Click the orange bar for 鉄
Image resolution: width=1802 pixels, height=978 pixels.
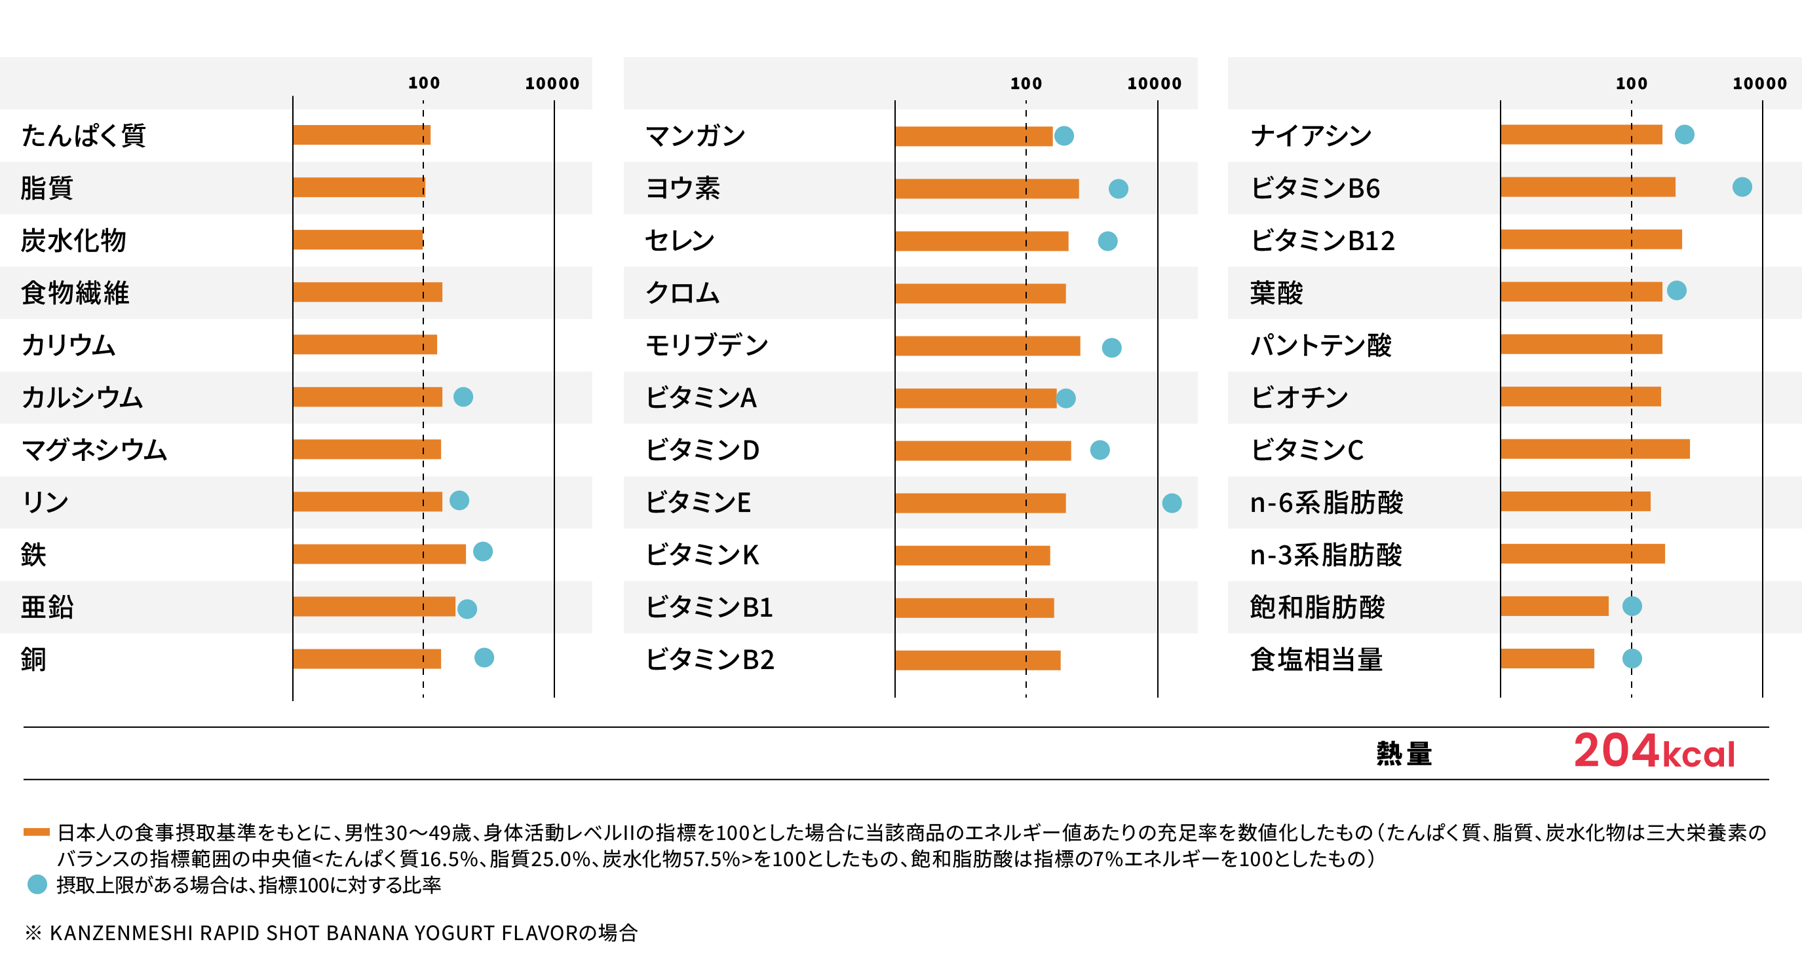click(x=379, y=554)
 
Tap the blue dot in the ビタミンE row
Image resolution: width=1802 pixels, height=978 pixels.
click(x=1172, y=503)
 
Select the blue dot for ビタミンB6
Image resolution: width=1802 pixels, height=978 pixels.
click(x=1742, y=187)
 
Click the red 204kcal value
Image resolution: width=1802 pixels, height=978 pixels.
click(x=1654, y=752)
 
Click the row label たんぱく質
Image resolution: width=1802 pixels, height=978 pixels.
click(x=83, y=135)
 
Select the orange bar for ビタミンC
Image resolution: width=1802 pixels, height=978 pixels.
click(x=1594, y=449)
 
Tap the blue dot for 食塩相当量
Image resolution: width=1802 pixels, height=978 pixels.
click(x=1632, y=659)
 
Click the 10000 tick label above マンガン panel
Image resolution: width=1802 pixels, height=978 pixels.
click(x=1153, y=84)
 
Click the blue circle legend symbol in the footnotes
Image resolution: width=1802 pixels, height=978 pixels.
click(x=37, y=884)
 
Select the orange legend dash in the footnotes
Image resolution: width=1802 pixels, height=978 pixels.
click(x=37, y=832)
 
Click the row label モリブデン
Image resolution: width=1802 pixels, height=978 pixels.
click(x=706, y=344)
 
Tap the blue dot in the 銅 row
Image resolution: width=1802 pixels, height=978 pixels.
click(x=484, y=657)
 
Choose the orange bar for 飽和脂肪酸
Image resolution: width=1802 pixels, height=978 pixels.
click(x=1554, y=606)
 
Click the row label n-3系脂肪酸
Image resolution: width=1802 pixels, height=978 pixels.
click(x=1326, y=554)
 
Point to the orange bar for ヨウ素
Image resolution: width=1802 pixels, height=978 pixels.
click(x=986, y=189)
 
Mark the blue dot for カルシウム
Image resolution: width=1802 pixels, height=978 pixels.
click(x=463, y=397)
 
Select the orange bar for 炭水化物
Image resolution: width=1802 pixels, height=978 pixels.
click(x=358, y=240)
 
